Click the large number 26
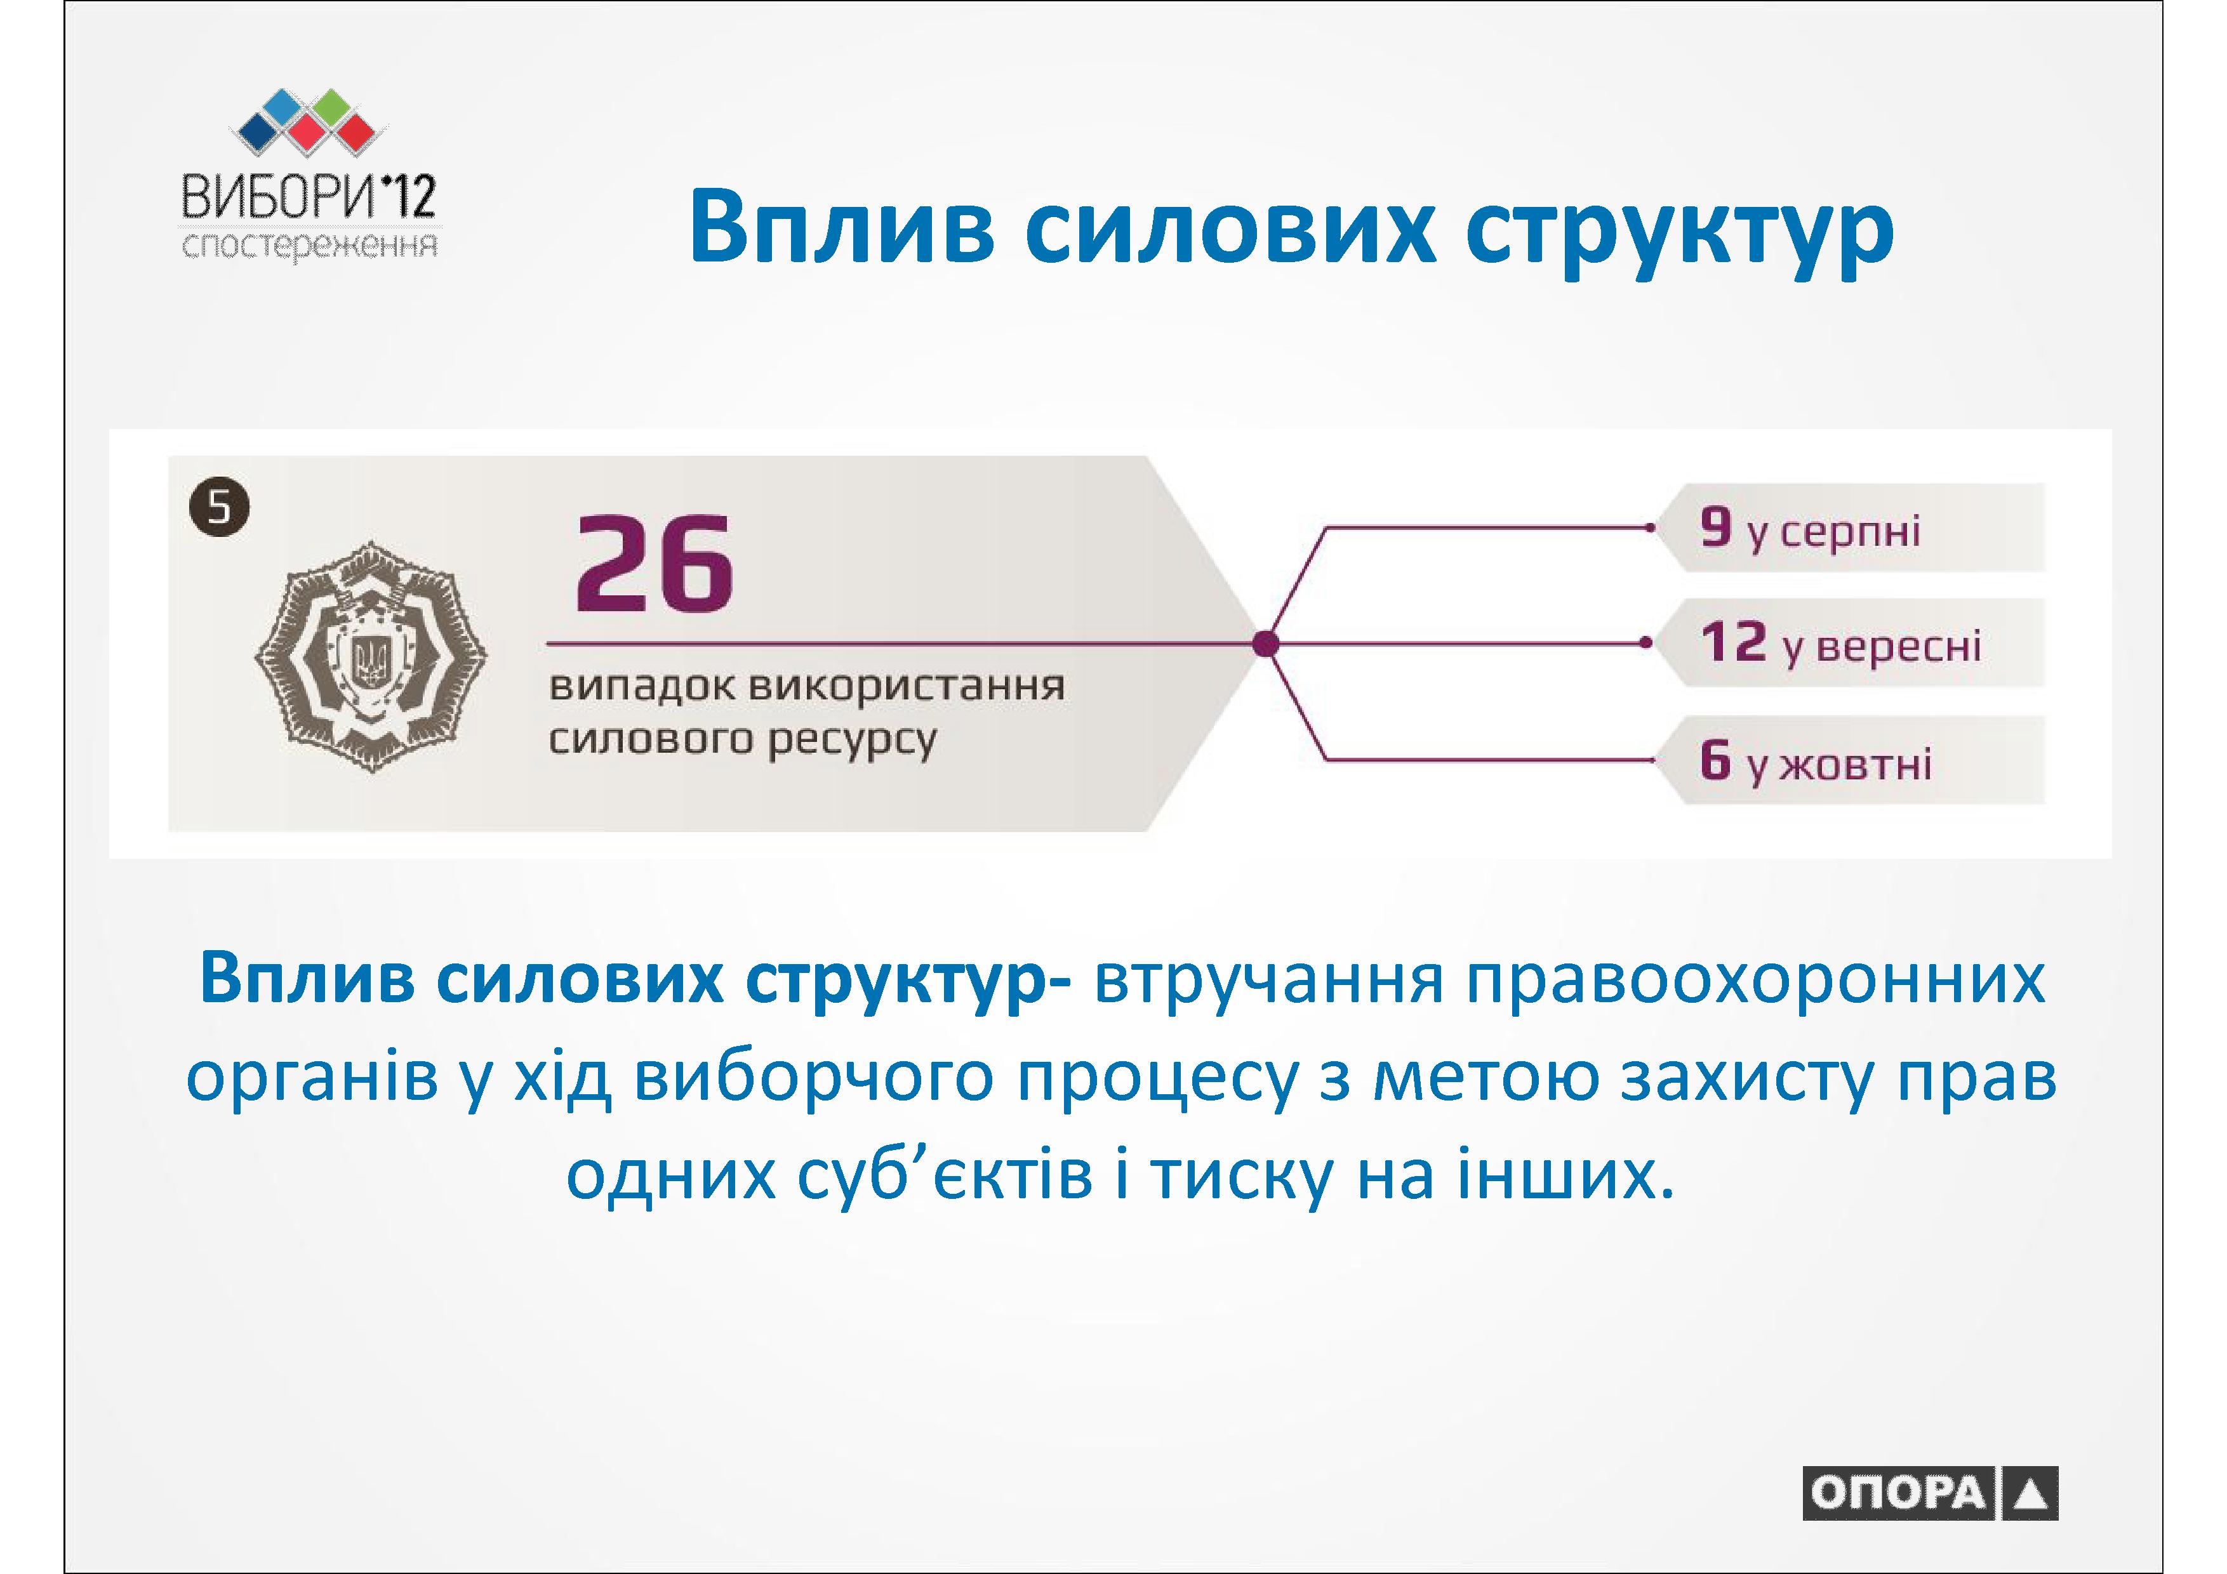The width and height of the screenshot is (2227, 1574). (x=655, y=564)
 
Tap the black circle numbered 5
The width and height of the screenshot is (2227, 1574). (x=219, y=507)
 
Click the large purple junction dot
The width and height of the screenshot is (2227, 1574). (x=1265, y=643)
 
